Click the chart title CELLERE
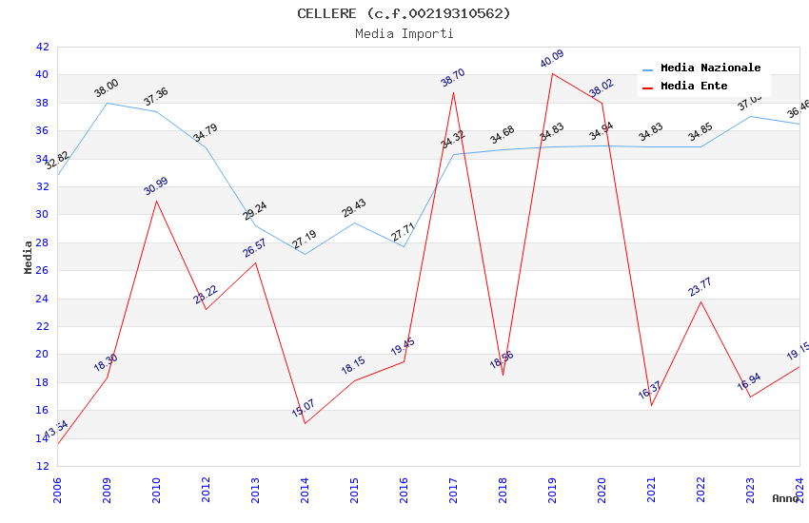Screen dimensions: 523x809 click(404, 13)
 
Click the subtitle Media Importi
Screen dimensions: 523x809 click(404, 33)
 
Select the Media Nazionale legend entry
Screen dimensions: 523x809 click(710, 68)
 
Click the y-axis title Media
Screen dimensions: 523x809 click(29, 257)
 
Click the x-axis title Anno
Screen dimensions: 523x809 click(785, 498)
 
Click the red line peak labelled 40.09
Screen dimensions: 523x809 click(552, 73)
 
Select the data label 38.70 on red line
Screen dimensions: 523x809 click(453, 78)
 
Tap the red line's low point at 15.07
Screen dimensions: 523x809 click(305, 423)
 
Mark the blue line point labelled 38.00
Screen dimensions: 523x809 click(107, 103)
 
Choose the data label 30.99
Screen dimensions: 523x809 click(156, 186)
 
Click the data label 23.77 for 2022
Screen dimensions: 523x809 click(700, 287)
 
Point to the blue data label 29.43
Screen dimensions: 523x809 click(354, 208)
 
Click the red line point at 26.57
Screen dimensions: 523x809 click(255, 262)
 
